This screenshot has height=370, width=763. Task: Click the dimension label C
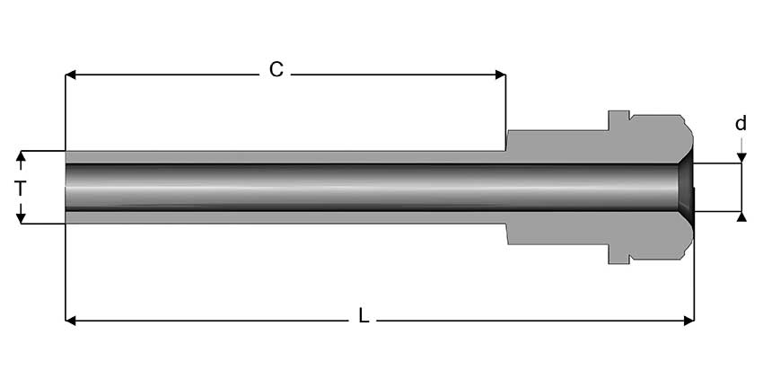click(276, 70)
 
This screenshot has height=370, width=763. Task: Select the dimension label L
click(364, 316)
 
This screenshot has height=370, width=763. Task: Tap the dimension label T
click(20, 188)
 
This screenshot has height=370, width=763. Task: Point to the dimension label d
click(741, 124)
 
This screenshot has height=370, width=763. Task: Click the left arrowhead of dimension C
click(71, 75)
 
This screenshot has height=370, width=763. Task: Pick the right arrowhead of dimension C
click(500, 75)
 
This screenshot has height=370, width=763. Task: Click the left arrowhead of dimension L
click(71, 321)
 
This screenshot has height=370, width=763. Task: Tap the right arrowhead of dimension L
click(688, 321)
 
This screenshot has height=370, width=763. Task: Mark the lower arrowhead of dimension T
click(21, 218)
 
